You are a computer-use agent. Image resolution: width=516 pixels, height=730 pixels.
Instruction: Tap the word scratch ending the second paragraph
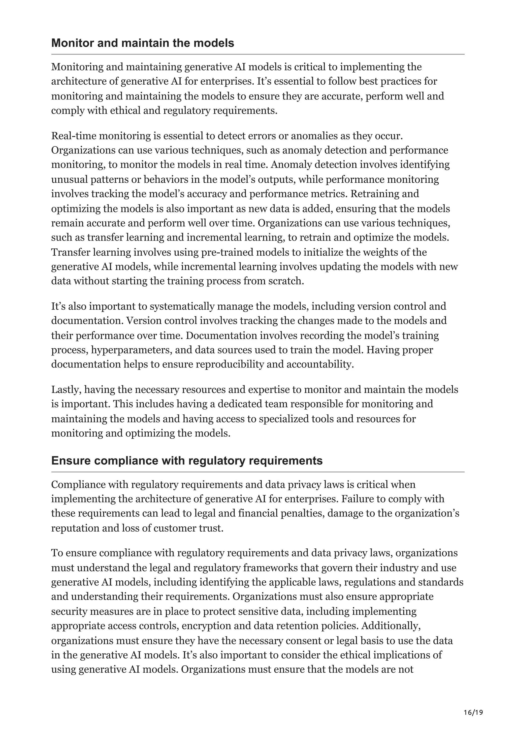(x=287, y=281)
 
